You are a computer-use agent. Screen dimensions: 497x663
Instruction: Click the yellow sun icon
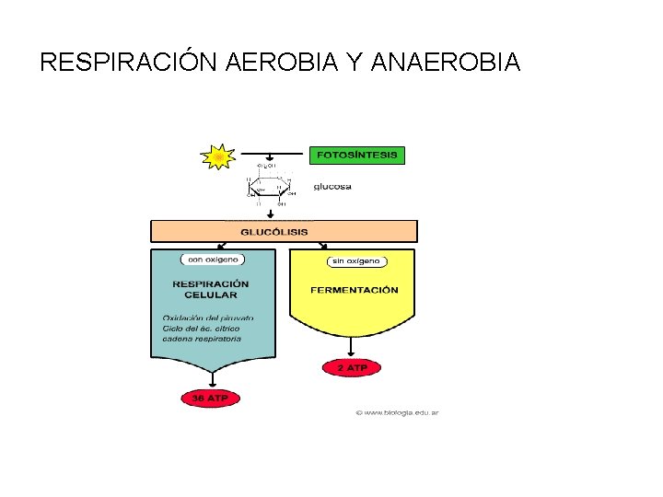point(219,157)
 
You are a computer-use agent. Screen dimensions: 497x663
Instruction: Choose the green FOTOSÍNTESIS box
point(357,156)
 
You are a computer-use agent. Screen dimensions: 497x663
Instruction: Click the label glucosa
point(332,187)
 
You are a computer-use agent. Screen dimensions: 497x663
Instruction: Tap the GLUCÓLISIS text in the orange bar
point(274,232)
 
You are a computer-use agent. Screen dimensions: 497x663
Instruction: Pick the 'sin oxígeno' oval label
point(354,261)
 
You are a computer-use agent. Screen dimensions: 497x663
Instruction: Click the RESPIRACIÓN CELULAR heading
point(211,289)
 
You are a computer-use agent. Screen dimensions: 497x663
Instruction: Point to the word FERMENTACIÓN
point(355,290)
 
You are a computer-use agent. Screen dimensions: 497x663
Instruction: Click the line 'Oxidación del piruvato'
point(208,318)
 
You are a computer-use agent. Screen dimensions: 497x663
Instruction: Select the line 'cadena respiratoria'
point(202,339)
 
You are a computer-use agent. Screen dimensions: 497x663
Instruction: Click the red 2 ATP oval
point(351,367)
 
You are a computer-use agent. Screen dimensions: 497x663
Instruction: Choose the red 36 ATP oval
point(210,399)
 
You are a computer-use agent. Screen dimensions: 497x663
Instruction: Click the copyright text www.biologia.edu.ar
point(398,411)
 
